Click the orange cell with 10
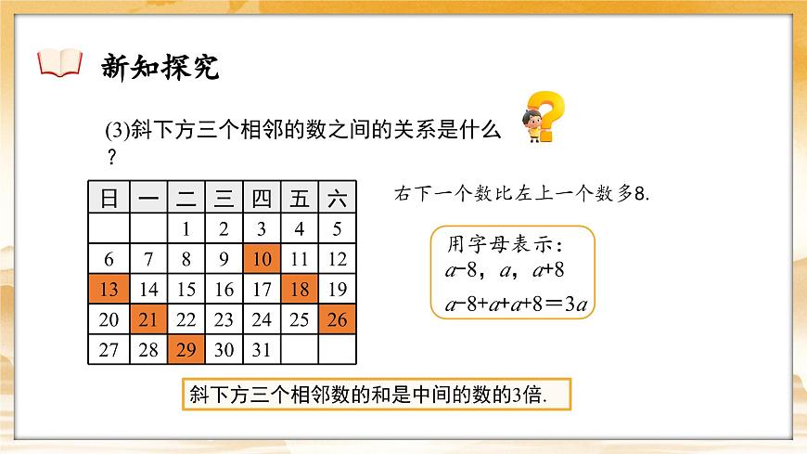[x=262, y=260]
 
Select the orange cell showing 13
[x=109, y=289]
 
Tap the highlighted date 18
[x=300, y=289]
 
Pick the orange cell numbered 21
[x=147, y=319]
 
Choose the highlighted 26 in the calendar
[x=338, y=319]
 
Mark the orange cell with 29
[x=186, y=349]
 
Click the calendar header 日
[x=109, y=198]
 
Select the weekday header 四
[x=262, y=198]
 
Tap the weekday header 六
[x=338, y=198]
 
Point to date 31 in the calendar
[x=262, y=349]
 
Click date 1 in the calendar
[x=186, y=229]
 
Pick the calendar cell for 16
[x=224, y=289]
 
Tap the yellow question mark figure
[x=541, y=118]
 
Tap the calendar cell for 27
[x=109, y=349]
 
